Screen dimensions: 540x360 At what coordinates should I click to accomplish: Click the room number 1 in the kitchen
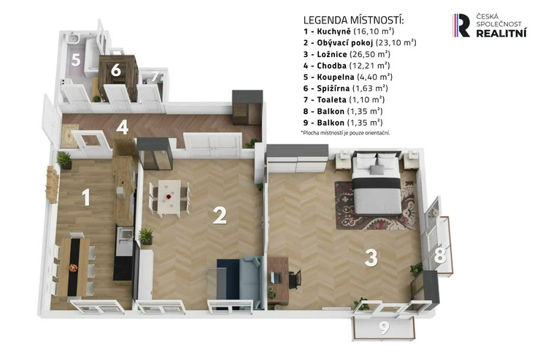click(86, 197)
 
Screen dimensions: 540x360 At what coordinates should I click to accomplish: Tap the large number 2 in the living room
click(220, 215)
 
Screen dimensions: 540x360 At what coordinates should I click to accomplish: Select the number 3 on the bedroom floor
click(371, 258)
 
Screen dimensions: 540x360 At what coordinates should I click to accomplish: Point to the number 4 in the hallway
click(123, 127)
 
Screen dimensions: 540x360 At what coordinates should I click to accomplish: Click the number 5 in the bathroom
click(76, 60)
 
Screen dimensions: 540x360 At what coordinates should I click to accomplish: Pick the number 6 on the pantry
click(116, 69)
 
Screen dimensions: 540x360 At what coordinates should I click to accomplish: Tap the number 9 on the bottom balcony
click(384, 328)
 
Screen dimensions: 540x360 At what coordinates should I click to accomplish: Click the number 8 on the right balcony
click(440, 256)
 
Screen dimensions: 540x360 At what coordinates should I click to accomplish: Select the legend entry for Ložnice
click(347, 54)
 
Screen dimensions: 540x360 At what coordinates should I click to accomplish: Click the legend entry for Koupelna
click(348, 77)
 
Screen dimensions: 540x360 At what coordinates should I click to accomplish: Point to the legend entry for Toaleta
click(344, 100)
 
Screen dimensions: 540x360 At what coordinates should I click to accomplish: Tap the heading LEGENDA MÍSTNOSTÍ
click(353, 20)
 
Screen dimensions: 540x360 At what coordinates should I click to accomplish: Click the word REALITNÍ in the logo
click(501, 33)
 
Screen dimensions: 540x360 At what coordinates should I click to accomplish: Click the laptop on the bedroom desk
click(276, 277)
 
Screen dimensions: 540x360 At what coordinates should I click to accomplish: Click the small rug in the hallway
click(69, 136)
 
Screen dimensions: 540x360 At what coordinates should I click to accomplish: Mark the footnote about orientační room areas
click(345, 133)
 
